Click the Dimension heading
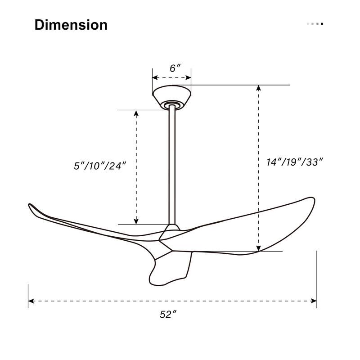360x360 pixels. (x=71, y=25)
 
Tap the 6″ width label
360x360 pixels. (x=175, y=68)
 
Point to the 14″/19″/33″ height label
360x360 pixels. (x=295, y=162)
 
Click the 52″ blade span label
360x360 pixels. (x=167, y=315)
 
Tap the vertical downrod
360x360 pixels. (x=172, y=166)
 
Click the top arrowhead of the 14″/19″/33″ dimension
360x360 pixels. (x=259, y=88)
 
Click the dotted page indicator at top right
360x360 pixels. (x=315, y=24)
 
